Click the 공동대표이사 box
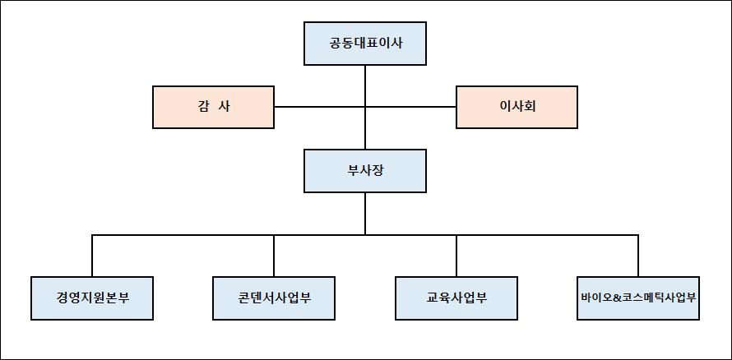tap(365, 44)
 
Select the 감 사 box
tap(213, 107)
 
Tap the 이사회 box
tap(517, 107)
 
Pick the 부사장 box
tap(365, 171)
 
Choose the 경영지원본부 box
tap(92, 298)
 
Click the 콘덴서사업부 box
tap(274, 298)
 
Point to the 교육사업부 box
tap(456, 298)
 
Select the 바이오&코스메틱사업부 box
tap(638, 298)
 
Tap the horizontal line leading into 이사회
tap(411, 107)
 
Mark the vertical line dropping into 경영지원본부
tap(92, 256)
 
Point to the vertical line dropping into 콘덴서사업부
tap(274, 256)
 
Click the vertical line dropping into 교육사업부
tap(456, 256)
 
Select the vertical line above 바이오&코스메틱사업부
tap(638, 256)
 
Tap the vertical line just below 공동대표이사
tap(365, 82)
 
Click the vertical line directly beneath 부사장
tap(365, 214)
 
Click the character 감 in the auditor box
tap(202, 107)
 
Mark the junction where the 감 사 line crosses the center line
tap(365, 107)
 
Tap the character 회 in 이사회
tap(530, 107)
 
